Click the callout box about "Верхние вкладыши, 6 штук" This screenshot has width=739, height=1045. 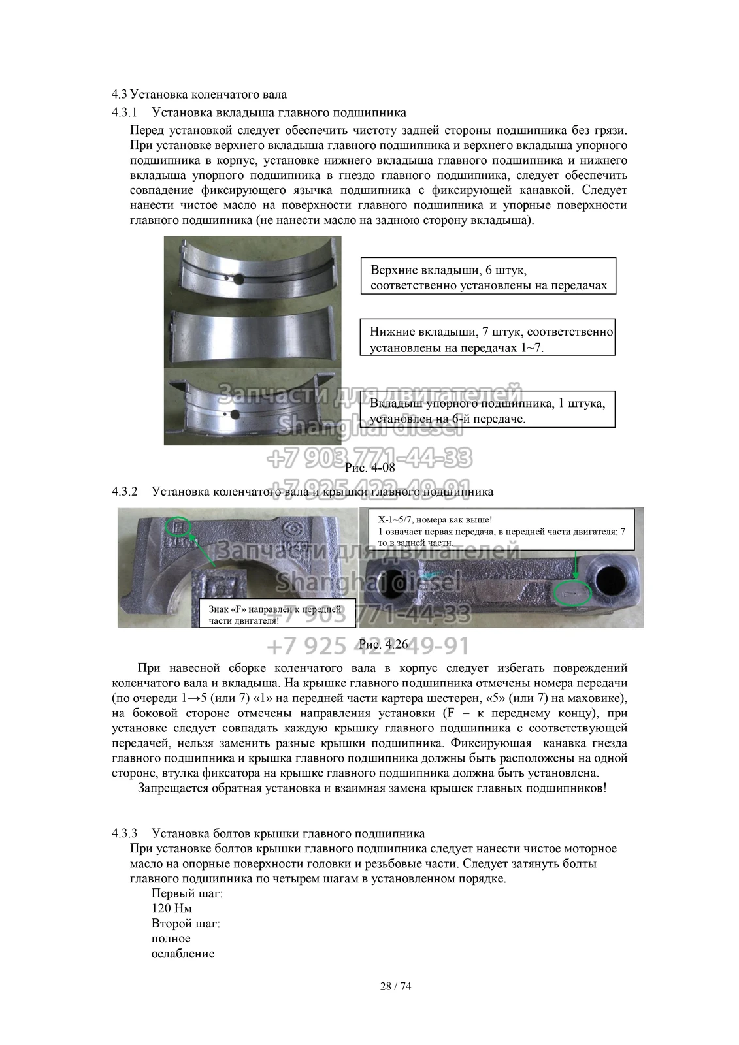pyautogui.click(x=488, y=276)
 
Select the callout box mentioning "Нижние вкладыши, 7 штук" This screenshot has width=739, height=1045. pyautogui.click(x=488, y=338)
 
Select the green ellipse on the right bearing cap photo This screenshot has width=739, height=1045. pyautogui.click(x=572, y=592)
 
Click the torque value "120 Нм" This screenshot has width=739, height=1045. pyautogui.click(x=172, y=908)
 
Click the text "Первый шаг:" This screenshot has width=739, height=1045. pyautogui.click(x=188, y=893)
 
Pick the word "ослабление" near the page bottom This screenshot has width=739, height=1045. pyautogui.click(x=183, y=954)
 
